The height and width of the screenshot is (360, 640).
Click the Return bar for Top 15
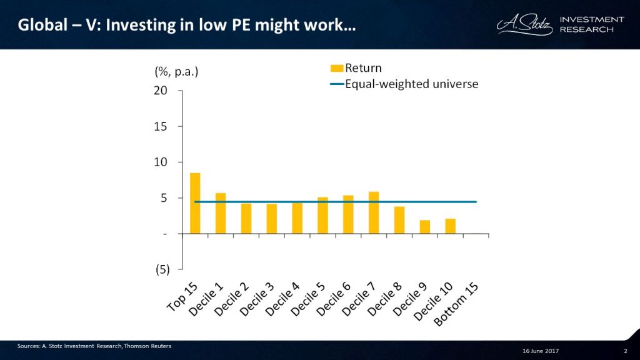coord(195,203)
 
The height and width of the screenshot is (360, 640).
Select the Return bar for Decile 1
coord(221,213)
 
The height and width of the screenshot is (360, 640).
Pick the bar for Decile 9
coord(424,227)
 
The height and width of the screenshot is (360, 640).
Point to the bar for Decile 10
coord(450,226)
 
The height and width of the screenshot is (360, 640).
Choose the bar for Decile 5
coord(322,216)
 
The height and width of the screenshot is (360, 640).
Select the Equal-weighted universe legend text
coord(412,84)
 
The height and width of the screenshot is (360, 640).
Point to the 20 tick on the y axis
coord(161,91)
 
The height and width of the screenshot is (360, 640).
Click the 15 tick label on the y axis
coord(161,126)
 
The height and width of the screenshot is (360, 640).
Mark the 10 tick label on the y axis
coord(161,162)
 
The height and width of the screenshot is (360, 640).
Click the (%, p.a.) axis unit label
coord(176,71)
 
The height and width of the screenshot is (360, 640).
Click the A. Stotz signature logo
coord(526,25)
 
